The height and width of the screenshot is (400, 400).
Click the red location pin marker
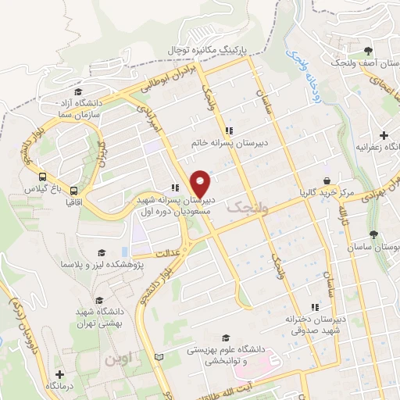201,184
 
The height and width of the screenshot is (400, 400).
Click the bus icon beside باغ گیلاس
43,177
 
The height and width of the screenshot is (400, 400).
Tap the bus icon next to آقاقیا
74,189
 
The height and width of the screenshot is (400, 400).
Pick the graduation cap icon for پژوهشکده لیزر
99,253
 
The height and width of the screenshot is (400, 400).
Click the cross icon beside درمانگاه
59,374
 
